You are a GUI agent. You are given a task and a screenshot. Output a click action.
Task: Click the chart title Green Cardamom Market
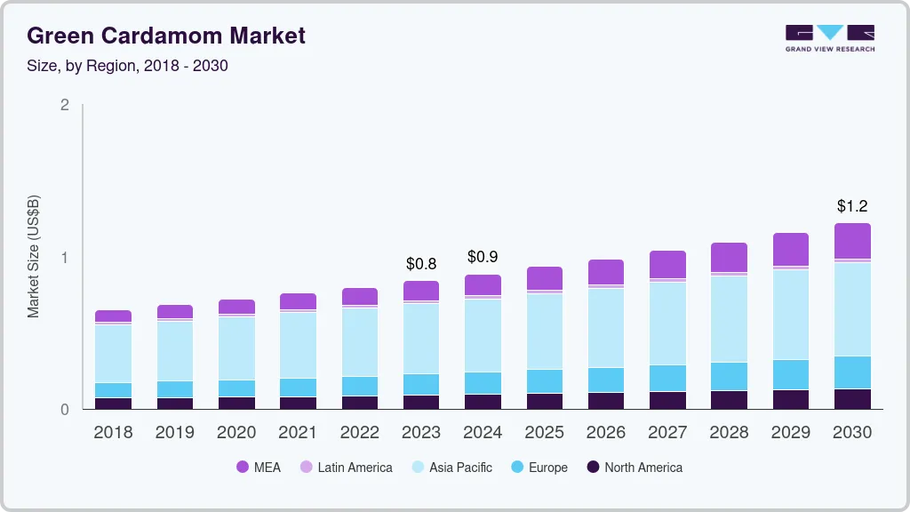(x=166, y=36)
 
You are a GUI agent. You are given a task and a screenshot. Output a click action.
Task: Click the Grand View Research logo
(x=829, y=37)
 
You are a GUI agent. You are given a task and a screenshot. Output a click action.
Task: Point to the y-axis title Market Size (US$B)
(x=33, y=256)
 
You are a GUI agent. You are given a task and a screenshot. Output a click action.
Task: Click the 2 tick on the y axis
(x=64, y=105)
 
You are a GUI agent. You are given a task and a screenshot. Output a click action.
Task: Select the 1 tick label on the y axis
(x=64, y=258)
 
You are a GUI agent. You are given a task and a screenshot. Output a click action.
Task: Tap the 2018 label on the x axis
(x=113, y=433)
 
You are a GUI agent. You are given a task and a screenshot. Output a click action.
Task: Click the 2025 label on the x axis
(x=544, y=433)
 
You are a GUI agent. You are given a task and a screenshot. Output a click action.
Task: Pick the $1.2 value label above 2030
(x=852, y=206)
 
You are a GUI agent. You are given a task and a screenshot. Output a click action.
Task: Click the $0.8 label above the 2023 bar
(x=420, y=264)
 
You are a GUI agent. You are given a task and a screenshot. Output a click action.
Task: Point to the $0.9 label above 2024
(x=483, y=258)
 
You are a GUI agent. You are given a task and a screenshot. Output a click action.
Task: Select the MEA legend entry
(x=258, y=468)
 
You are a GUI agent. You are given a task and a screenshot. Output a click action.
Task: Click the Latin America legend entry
(x=346, y=468)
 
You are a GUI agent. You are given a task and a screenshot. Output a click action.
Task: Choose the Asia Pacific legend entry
(x=451, y=468)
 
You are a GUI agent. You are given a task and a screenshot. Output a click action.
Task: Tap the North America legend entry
(x=634, y=468)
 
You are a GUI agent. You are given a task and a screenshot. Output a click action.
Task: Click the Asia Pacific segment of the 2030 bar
(x=852, y=308)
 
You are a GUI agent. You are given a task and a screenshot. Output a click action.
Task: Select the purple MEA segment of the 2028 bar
(x=730, y=257)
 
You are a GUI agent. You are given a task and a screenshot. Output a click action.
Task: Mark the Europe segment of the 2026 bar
(x=606, y=380)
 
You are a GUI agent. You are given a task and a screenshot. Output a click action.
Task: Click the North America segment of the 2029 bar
(x=791, y=399)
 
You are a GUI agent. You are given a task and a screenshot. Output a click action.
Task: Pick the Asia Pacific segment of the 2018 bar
(x=113, y=354)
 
